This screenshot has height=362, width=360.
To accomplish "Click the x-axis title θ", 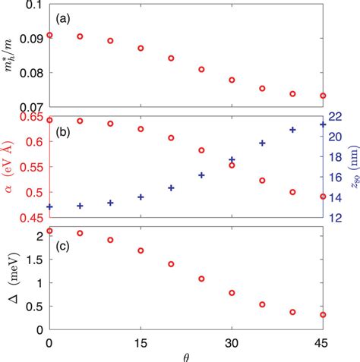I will pyautogui.click(x=187, y=356).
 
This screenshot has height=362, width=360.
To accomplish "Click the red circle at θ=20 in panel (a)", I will pyautogui.click(x=171, y=58).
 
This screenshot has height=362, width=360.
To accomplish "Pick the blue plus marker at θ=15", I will pyautogui.click(x=141, y=197).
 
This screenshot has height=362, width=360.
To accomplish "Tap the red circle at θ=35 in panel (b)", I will pyautogui.click(x=262, y=181).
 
